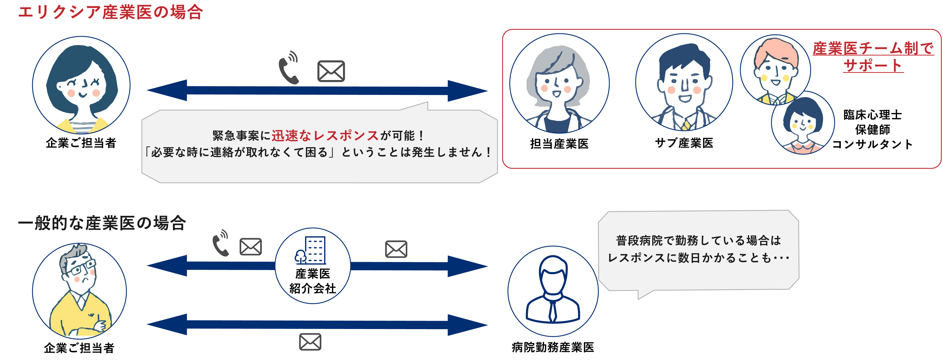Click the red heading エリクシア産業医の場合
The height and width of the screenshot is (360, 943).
pyautogui.click(x=110, y=12)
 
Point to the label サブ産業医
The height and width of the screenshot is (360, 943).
pyautogui.click(x=684, y=143)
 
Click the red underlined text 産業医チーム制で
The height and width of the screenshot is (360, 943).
pyautogui.click(x=873, y=48)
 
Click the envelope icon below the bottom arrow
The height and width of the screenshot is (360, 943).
pyautogui.click(x=310, y=342)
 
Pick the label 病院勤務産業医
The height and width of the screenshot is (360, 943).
pyautogui.click(x=553, y=347)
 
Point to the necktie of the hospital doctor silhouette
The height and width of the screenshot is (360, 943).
pyautogui.click(x=553, y=311)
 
